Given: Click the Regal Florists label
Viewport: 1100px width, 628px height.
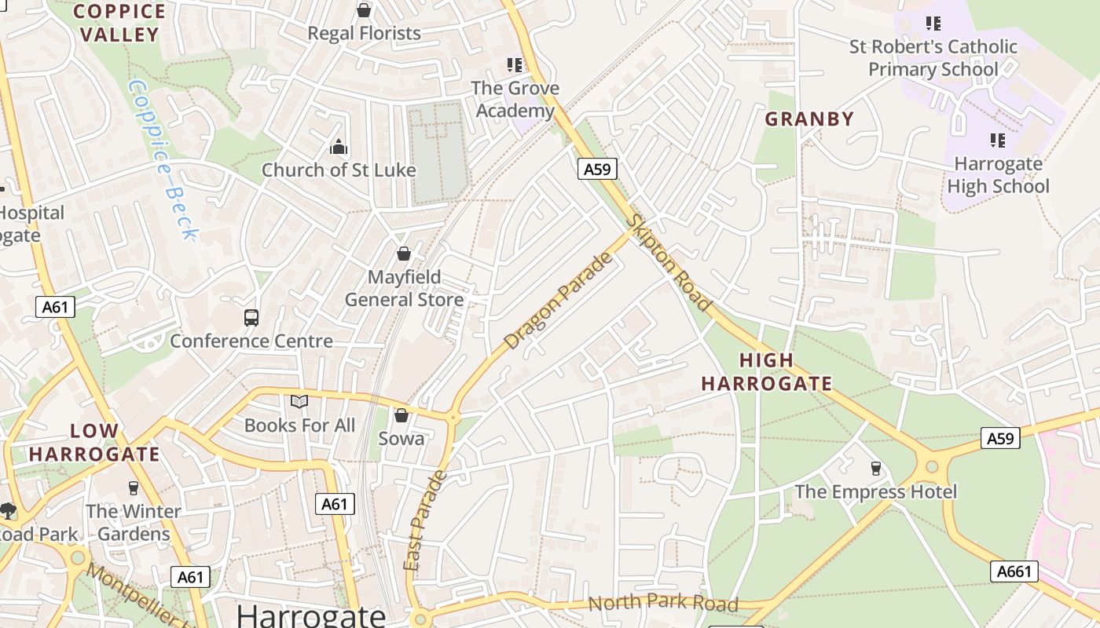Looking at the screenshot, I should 364,33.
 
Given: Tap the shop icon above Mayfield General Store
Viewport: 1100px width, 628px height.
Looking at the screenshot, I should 403,254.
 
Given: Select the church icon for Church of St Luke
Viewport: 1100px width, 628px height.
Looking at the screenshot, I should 339,147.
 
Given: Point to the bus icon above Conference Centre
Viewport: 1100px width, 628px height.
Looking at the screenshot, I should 251,318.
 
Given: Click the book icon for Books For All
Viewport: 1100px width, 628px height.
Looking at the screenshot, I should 299,402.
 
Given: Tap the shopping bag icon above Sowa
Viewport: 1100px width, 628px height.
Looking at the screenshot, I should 401,415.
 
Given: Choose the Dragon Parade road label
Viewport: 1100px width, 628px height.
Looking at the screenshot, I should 558,301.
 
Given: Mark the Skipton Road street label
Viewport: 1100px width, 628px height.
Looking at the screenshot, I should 669,264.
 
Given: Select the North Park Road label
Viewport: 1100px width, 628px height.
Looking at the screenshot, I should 663,603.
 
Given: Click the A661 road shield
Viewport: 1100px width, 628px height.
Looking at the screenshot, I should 1014,571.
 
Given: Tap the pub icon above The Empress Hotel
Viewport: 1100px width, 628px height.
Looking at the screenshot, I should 875,469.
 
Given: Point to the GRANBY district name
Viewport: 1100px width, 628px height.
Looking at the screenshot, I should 809,119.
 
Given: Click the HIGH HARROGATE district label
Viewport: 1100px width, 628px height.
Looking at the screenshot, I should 766,372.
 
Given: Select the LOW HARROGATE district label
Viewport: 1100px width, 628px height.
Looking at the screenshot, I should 94,443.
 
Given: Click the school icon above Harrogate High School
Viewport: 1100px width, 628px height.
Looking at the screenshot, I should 998,141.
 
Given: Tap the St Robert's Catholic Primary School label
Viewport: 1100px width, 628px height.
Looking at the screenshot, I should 933,58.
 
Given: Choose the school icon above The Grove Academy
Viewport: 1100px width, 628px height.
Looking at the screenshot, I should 515,64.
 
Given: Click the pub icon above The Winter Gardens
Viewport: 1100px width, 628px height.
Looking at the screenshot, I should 133,488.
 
